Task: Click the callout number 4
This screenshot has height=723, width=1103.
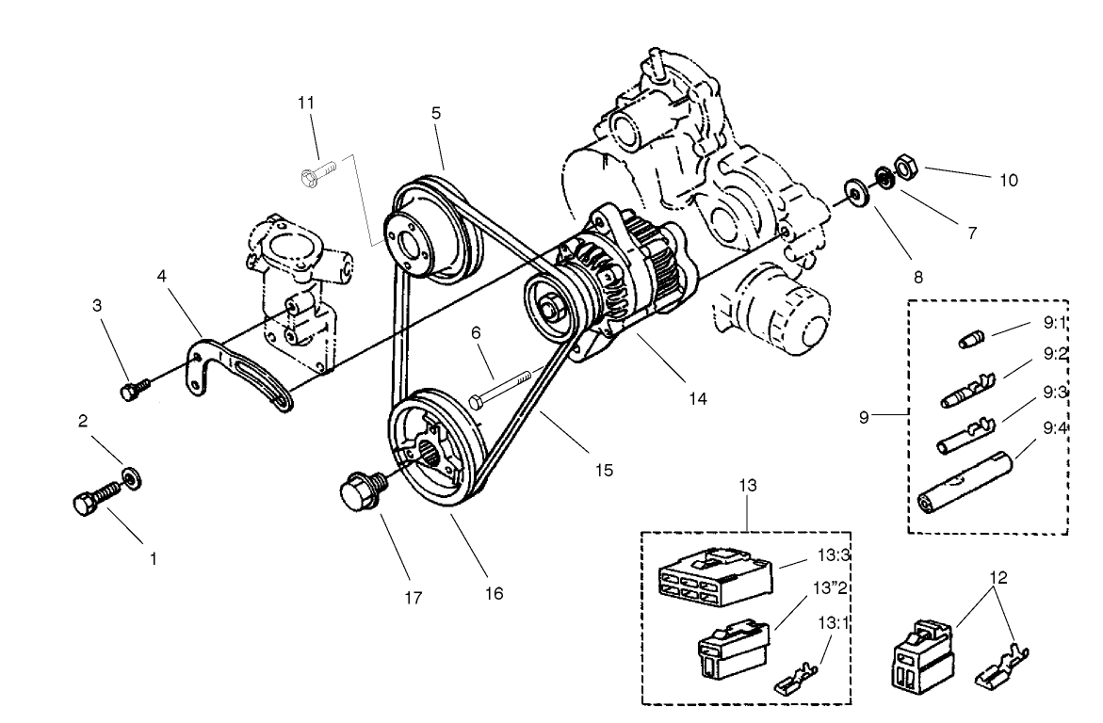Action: pos(162,278)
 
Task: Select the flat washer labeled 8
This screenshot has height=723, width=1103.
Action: pos(857,193)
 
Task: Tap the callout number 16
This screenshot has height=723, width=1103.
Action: pos(495,594)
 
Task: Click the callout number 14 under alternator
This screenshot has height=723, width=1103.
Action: pos(697,398)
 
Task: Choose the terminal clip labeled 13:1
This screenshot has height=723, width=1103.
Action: pos(797,683)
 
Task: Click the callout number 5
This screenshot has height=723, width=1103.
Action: pos(436,112)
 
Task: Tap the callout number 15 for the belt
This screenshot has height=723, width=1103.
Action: pos(604,468)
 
